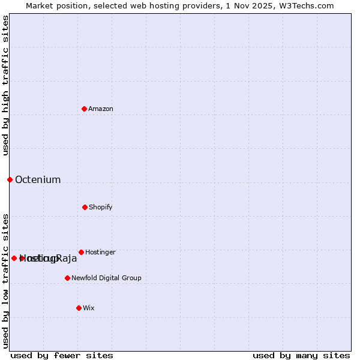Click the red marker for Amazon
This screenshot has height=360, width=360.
pyautogui.click(x=84, y=109)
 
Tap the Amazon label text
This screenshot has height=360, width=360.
pyautogui.click(x=101, y=109)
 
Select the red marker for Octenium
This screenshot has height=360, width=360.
pyautogui.click(x=10, y=179)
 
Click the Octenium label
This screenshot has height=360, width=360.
pyautogui.click(x=38, y=180)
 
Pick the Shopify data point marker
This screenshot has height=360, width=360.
pyautogui.click(x=85, y=207)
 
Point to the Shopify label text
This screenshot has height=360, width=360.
pyautogui.click(x=101, y=208)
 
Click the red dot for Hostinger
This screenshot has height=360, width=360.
pyautogui.click(x=81, y=252)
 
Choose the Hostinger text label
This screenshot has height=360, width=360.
pyautogui.click(x=100, y=253)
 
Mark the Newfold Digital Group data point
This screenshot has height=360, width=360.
pyautogui.click(x=67, y=278)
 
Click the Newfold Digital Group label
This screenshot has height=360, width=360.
pyautogui.click(x=106, y=278)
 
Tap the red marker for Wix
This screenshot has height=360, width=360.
pyautogui.click(x=79, y=308)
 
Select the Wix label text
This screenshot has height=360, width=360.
pyautogui.click(x=89, y=308)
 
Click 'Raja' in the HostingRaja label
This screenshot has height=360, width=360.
pyautogui.click(x=67, y=259)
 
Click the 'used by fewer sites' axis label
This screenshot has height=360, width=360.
pyautogui.click(x=62, y=355)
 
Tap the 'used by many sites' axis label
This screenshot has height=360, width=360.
pyautogui.click(x=301, y=355)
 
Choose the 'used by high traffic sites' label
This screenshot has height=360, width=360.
pyautogui.click(x=5, y=85)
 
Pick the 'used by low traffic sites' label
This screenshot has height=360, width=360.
pyautogui.click(x=5, y=280)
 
